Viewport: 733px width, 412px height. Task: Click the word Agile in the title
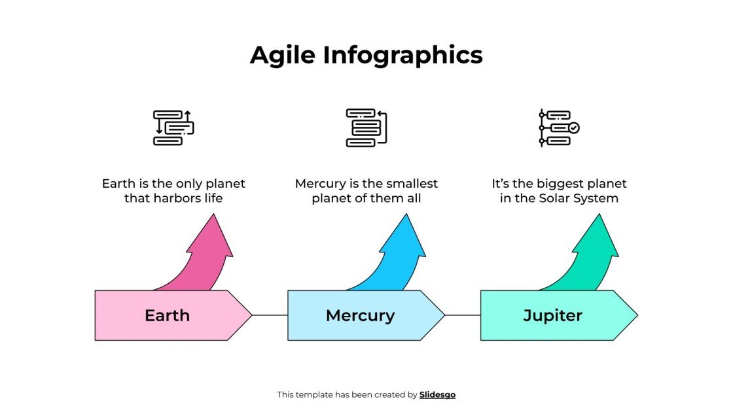(x=283, y=56)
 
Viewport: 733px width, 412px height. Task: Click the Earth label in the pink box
(x=167, y=316)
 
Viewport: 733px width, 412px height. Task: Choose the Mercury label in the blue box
(x=360, y=316)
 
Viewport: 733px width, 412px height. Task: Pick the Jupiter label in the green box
(x=552, y=316)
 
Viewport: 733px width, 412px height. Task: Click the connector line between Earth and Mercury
(x=270, y=315)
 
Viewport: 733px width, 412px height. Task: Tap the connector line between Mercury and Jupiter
(x=463, y=315)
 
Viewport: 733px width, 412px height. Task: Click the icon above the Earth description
(x=173, y=128)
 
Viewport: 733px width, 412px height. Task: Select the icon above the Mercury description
(x=366, y=128)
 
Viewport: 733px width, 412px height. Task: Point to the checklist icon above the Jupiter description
(x=559, y=128)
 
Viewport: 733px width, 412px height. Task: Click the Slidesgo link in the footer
(x=437, y=395)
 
